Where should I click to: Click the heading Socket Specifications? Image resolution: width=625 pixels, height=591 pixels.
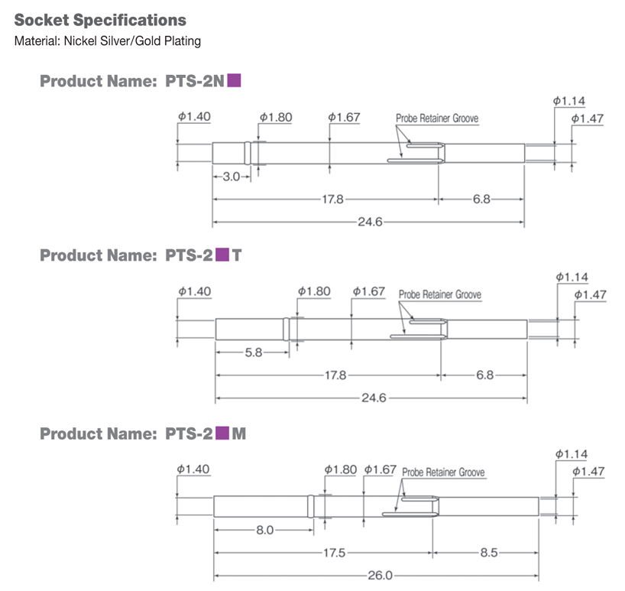100,19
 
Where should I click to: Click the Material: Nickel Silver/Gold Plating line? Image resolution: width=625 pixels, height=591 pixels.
108,41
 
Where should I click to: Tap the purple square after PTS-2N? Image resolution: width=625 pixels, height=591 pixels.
235,79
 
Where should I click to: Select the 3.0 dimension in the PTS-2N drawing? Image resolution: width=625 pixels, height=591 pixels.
231,177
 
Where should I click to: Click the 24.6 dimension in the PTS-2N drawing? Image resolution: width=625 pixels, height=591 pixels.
369,222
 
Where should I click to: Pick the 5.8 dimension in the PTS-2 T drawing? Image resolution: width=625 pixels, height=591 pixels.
254,353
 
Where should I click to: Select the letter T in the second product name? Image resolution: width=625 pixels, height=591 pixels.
237,255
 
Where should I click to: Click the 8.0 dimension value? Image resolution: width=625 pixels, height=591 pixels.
264,530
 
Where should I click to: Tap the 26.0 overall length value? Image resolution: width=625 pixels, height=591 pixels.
379,575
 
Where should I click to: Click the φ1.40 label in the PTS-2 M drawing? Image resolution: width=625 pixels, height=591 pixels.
193,469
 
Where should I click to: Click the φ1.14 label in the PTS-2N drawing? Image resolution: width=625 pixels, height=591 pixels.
569,100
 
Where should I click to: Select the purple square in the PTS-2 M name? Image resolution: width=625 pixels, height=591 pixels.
222,434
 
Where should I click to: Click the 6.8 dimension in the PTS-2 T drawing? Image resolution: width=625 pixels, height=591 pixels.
484,375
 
